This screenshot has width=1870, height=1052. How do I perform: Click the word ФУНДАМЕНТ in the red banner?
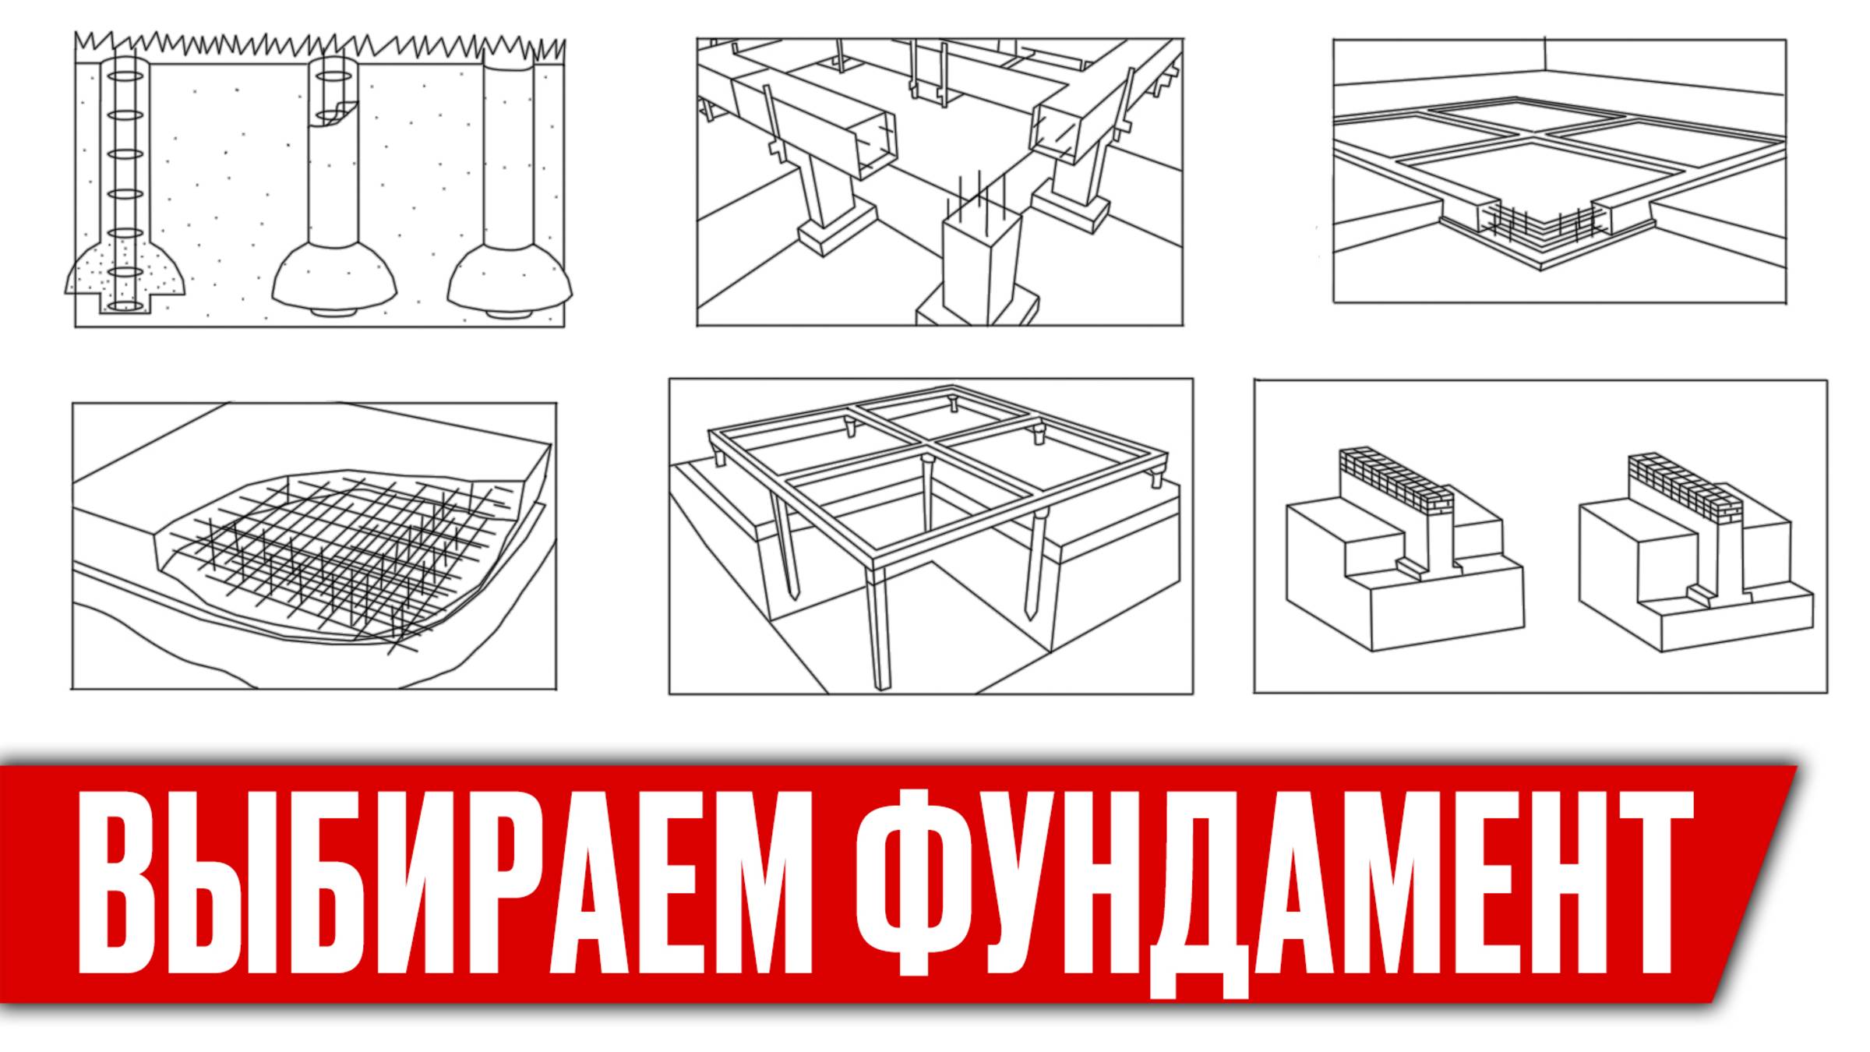tap(1275, 893)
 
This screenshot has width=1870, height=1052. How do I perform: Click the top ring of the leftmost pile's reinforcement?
tap(125, 76)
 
